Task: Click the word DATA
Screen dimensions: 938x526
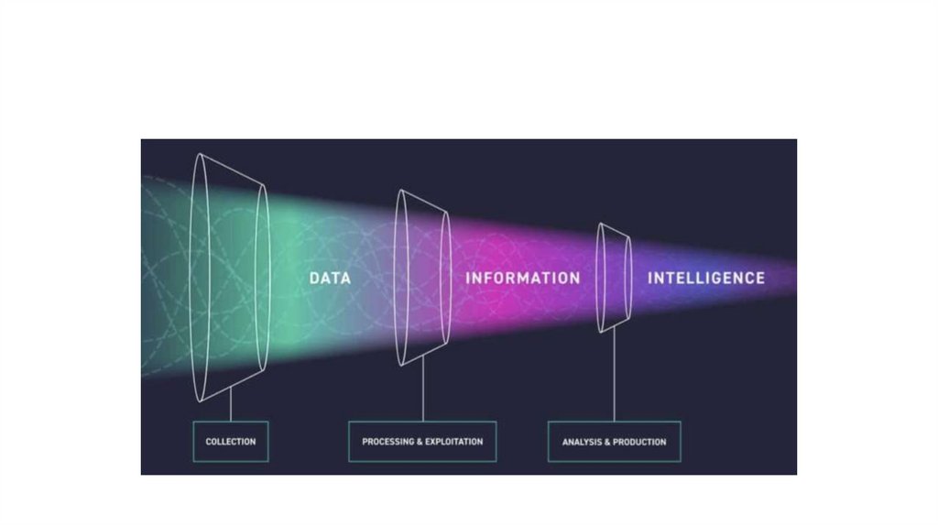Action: coord(330,277)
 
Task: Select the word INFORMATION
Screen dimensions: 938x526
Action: coord(522,277)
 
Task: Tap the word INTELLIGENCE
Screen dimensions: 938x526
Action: coord(706,277)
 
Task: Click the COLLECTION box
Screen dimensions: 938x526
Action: coord(231,442)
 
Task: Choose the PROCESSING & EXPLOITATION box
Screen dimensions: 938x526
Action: coord(422,442)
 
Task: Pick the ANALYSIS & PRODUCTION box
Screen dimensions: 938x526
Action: coord(614,442)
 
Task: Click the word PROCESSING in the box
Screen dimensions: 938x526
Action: coord(387,442)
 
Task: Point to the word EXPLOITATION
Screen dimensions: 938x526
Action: coord(454,442)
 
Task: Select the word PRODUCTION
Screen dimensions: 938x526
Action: coord(640,442)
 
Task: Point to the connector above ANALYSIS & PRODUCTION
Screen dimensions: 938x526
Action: coord(614,376)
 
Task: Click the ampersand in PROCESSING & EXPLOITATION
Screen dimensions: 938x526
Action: coord(420,442)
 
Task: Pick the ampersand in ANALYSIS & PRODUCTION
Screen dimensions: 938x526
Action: coord(608,442)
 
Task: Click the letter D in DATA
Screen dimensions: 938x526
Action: coord(314,277)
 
